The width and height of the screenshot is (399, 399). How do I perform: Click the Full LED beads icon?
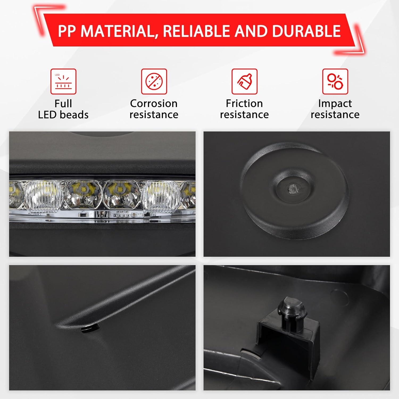(x=63, y=81)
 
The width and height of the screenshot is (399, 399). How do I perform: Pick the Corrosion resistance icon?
(x=154, y=81)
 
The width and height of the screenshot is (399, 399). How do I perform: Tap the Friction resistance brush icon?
(x=244, y=81)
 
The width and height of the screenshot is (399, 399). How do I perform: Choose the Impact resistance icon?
(x=335, y=81)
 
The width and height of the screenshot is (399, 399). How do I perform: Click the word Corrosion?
(x=154, y=103)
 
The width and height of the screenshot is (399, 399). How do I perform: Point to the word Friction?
(x=244, y=103)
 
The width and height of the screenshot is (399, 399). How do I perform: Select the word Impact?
(x=335, y=104)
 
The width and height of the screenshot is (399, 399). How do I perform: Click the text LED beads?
(x=63, y=115)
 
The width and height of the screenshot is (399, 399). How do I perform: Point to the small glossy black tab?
(x=89, y=329)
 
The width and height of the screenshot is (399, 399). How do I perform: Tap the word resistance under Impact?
(x=335, y=115)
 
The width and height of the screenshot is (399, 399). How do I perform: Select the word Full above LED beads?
(x=63, y=103)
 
